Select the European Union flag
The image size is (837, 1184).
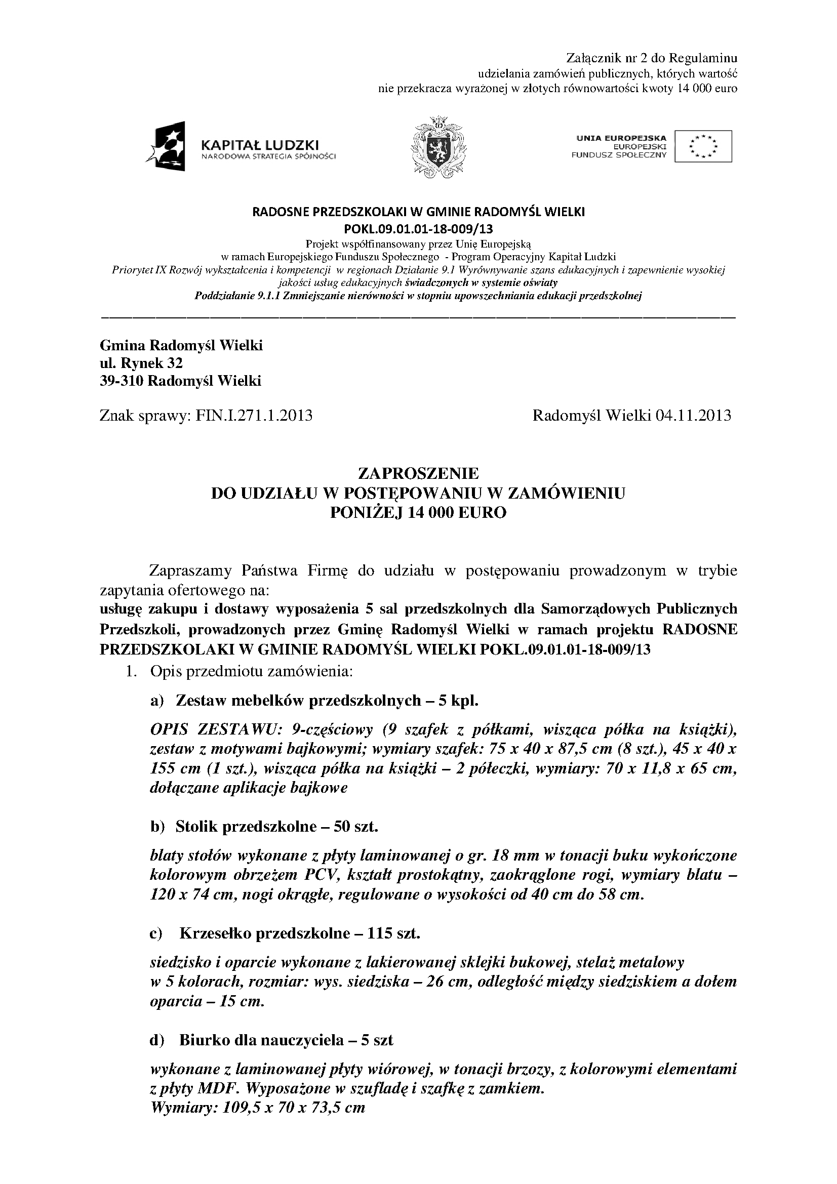[703, 146]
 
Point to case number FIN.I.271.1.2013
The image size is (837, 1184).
[254, 416]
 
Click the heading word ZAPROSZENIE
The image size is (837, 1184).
[418, 473]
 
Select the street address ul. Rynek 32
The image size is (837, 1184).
[141, 363]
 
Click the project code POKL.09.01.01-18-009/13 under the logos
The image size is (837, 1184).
[418, 228]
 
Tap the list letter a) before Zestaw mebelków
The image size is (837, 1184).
[156, 700]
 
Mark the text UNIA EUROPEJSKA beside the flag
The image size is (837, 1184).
[621, 138]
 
